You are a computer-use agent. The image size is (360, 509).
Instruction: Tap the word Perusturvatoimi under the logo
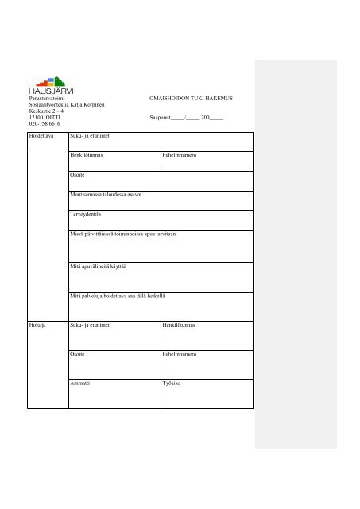pyautogui.click(x=46, y=98)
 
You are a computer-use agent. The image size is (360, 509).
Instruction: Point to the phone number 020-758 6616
pyautogui.click(x=45, y=124)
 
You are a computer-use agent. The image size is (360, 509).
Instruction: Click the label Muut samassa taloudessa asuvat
pyautogui.click(x=106, y=194)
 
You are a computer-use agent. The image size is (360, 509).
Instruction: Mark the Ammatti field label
pyautogui.click(x=82, y=382)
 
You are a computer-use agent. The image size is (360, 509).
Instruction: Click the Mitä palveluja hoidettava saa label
pyautogui.click(x=118, y=296)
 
